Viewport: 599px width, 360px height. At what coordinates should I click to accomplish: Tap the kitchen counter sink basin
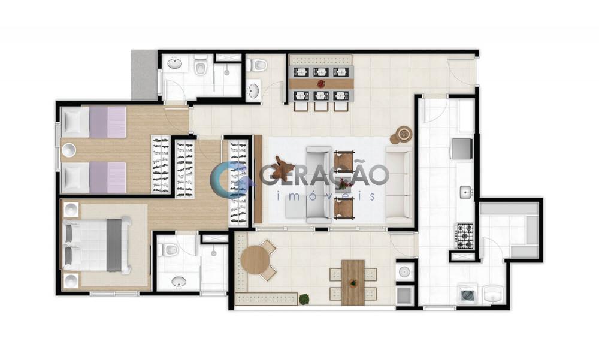pyautogui.click(x=465, y=192)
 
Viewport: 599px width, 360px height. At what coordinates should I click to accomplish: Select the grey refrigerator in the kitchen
pyautogui.click(x=462, y=149)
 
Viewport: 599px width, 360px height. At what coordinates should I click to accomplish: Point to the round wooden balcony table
pyautogui.click(x=256, y=259)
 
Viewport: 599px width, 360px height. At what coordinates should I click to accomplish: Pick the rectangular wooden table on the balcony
pyautogui.click(x=353, y=282)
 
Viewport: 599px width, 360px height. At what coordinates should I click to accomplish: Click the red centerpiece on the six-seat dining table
pyautogui.click(x=320, y=83)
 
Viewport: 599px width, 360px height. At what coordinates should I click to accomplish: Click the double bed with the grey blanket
pyautogui.click(x=97, y=244)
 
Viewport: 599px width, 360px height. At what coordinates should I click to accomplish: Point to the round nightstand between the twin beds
pyautogui.click(x=69, y=150)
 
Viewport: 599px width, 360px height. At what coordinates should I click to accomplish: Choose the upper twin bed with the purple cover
pyautogui.click(x=93, y=122)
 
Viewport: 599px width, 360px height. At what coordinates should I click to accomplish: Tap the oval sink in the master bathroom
pyautogui.click(x=179, y=282)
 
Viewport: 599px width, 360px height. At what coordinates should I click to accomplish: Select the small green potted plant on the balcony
pyautogui.click(x=304, y=299)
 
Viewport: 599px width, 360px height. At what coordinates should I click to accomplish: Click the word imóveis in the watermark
pyautogui.click(x=325, y=196)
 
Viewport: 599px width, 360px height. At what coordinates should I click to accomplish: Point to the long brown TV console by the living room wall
pyautogui.click(x=258, y=179)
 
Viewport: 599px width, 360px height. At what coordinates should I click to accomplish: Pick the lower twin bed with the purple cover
pyautogui.click(x=93, y=178)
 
